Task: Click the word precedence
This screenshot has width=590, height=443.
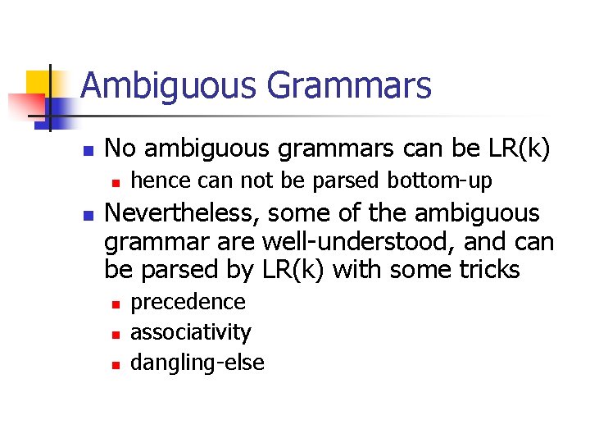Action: (188, 302)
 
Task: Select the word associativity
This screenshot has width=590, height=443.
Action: (190, 332)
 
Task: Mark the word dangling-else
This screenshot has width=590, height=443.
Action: (197, 362)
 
